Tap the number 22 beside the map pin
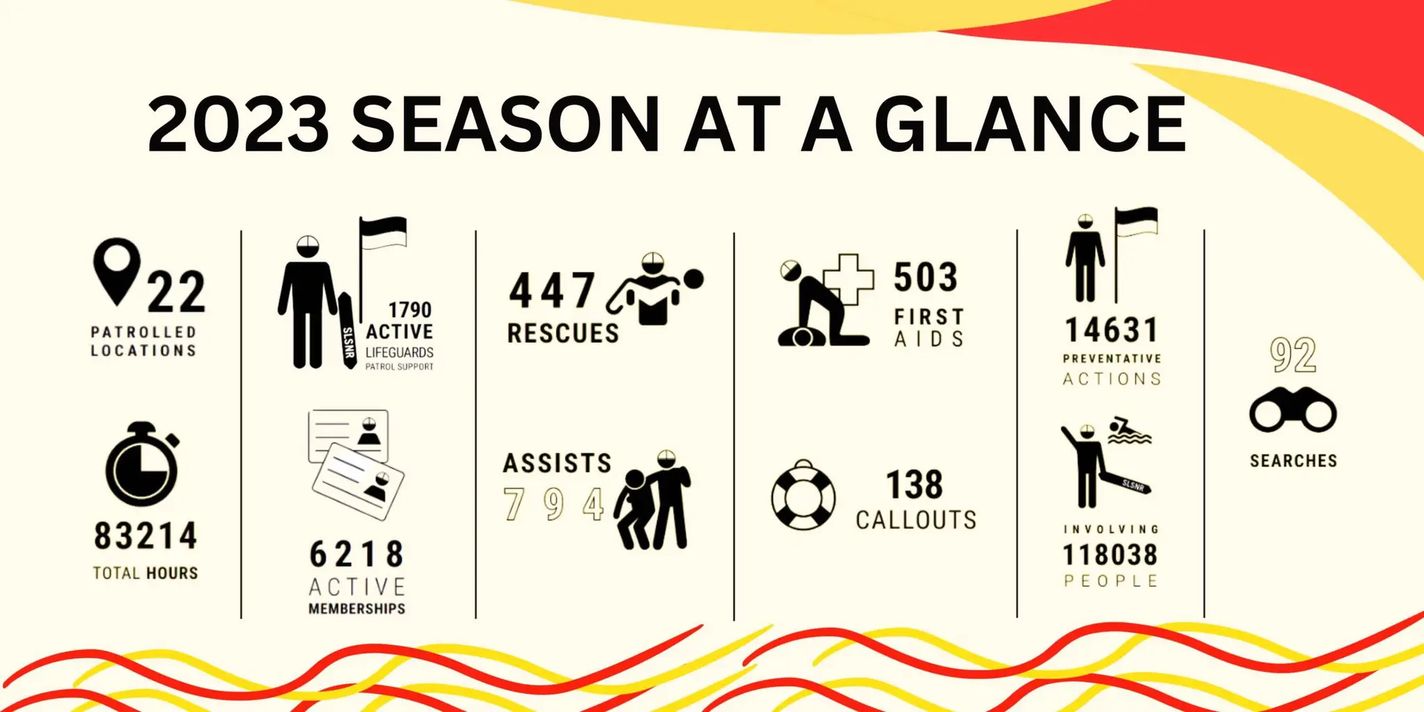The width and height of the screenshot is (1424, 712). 177,293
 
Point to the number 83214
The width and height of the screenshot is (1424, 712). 146,537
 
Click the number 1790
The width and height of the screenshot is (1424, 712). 410,309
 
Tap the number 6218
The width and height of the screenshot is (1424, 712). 356,555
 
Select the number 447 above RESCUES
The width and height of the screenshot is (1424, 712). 552,291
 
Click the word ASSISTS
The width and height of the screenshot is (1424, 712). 557,463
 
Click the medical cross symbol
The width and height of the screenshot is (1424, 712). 849,279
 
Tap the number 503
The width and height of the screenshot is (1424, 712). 925,277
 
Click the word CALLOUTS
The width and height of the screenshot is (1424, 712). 916,520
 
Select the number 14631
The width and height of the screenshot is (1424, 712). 1112,330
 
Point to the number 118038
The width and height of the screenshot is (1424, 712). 1110,555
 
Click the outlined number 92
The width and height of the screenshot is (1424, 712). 1293,355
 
